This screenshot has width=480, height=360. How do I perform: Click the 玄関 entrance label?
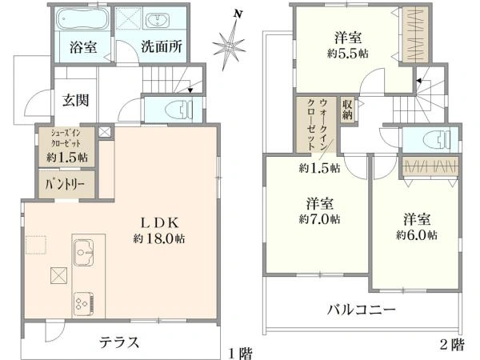point(76,101)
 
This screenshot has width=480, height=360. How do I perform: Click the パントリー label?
point(69,184)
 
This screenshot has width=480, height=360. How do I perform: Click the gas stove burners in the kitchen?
point(83,302)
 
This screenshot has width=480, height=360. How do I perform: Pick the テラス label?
point(120,342)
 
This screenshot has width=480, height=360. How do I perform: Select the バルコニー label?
point(360,310)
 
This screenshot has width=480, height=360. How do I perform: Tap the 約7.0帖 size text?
point(318,218)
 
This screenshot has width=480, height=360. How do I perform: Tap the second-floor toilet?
point(431,138)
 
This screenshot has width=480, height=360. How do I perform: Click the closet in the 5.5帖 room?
point(415,34)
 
